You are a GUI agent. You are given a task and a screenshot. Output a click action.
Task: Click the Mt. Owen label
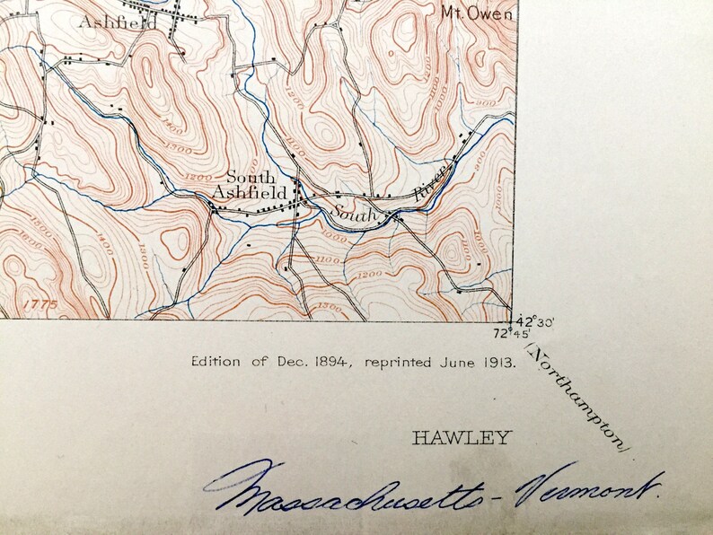pyautogui.click(x=478, y=13)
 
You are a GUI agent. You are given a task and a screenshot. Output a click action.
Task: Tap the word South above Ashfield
pyautogui.click(x=251, y=178)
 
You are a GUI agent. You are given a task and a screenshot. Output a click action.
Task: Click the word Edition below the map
pyautogui.click(x=216, y=362)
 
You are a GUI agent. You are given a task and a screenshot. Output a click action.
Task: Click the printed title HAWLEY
pyautogui.click(x=461, y=438)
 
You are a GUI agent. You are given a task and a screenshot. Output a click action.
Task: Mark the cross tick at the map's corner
pyautogui.click(x=511, y=320)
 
